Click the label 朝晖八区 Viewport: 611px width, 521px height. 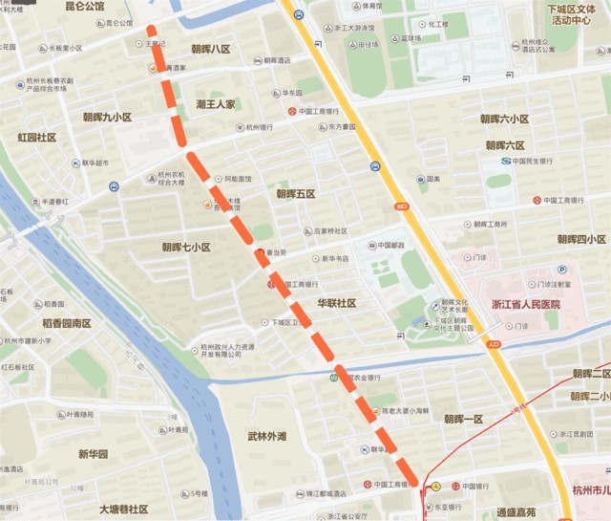[x=210, y=49]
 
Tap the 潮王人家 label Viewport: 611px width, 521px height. [x=216, y=103]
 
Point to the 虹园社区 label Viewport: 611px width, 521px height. [x=37, y=138]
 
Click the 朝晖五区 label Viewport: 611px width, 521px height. [x=296, y=194]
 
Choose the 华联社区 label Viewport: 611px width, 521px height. [x=337, y=303]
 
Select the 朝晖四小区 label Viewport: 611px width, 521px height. [x=581, y=239]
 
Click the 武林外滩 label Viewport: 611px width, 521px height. [x=266, y=437]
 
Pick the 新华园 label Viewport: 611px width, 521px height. [x=94, y=454]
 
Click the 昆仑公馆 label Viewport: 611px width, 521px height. [x=84, y=7]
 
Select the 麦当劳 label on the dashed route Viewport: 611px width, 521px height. [x=276, y=252]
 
